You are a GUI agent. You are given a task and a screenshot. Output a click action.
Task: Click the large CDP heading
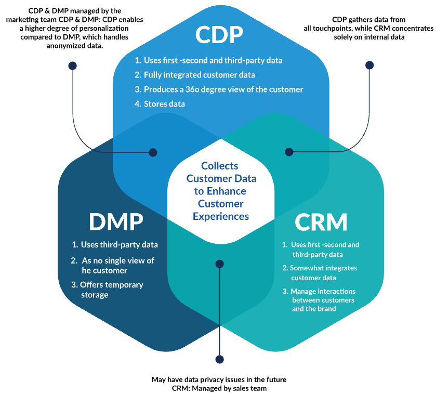(219, 34)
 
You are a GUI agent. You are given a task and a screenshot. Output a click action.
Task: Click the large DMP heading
(115, 222)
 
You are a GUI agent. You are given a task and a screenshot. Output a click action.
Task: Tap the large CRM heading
(321, 222)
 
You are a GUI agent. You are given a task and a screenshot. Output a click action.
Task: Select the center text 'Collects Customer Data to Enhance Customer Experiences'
(221, 191)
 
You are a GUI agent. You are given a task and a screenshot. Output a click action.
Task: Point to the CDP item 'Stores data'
(164, 104)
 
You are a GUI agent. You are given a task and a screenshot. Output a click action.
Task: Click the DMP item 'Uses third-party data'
(115, 245)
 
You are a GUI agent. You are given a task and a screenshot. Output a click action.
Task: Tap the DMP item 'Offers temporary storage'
(111, 290)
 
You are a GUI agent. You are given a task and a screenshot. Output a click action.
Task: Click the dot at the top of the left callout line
(72, 65)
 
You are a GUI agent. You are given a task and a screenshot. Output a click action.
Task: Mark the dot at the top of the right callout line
(369, 65)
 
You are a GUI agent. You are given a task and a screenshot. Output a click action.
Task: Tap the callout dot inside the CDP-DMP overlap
(153, 152)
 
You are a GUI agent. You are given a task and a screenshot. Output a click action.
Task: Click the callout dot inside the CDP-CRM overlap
(289, 152)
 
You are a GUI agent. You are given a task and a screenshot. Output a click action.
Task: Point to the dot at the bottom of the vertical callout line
(219, 359)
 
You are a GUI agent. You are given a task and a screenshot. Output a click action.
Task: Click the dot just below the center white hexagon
(219, 264)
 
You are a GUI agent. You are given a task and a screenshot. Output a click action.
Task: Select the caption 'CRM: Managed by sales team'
(218, 388)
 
